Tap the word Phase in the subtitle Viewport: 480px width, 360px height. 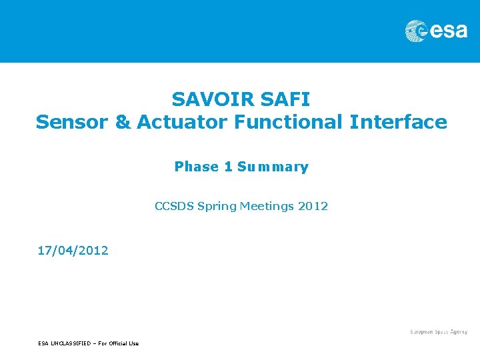pos(197,167)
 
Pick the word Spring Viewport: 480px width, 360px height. pos(217,207)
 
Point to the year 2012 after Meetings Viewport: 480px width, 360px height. pos(313,206)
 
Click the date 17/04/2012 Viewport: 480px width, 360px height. pos(73,251)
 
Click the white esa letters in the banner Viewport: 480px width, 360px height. pos(449,31)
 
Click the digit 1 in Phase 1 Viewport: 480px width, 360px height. pos(228,167)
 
